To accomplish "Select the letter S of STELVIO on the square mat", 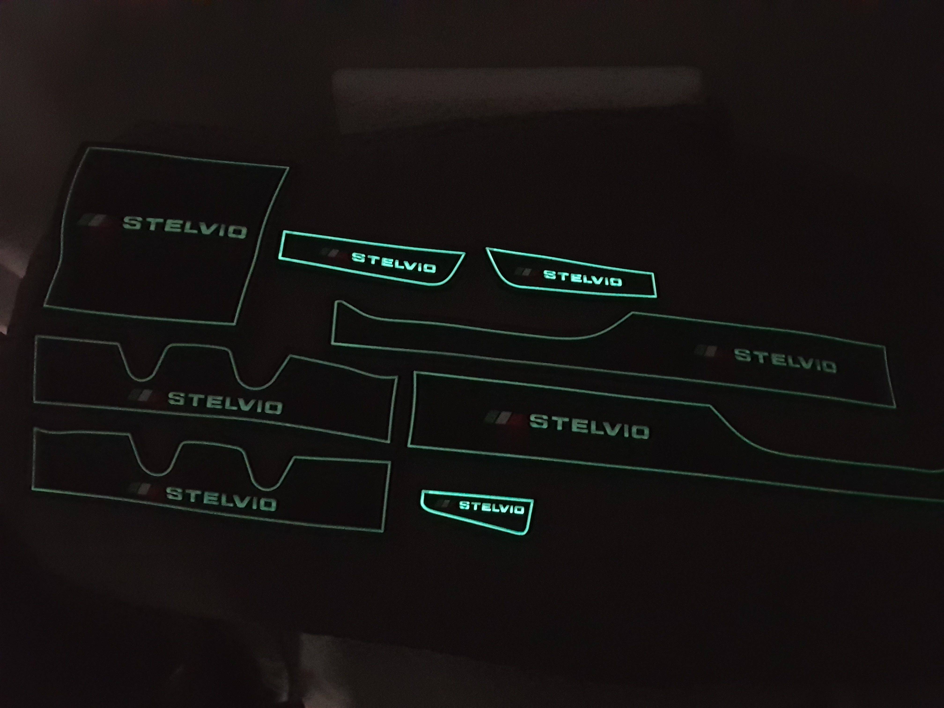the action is pos(132,222).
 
